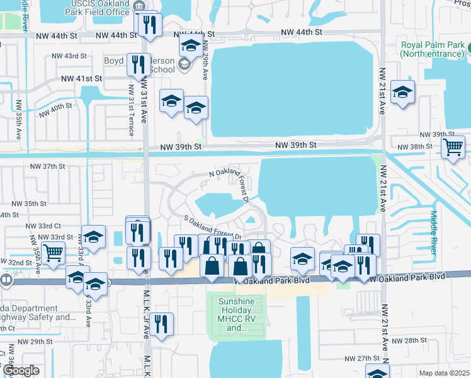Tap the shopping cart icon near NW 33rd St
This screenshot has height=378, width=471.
click(54, 253)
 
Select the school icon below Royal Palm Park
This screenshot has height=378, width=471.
click(402, 93)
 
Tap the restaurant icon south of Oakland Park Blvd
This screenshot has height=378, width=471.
click(162, 324)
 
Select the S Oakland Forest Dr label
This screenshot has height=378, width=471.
click(213, 226)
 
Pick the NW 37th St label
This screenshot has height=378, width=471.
click(48, 166)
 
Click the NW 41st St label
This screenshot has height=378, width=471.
click(81, 79)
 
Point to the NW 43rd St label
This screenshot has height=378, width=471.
click(69, 56)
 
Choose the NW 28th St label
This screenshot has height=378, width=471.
click(409, 340)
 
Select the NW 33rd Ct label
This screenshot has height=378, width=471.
click(43, 225)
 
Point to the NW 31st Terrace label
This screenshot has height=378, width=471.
click(131, 110)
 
